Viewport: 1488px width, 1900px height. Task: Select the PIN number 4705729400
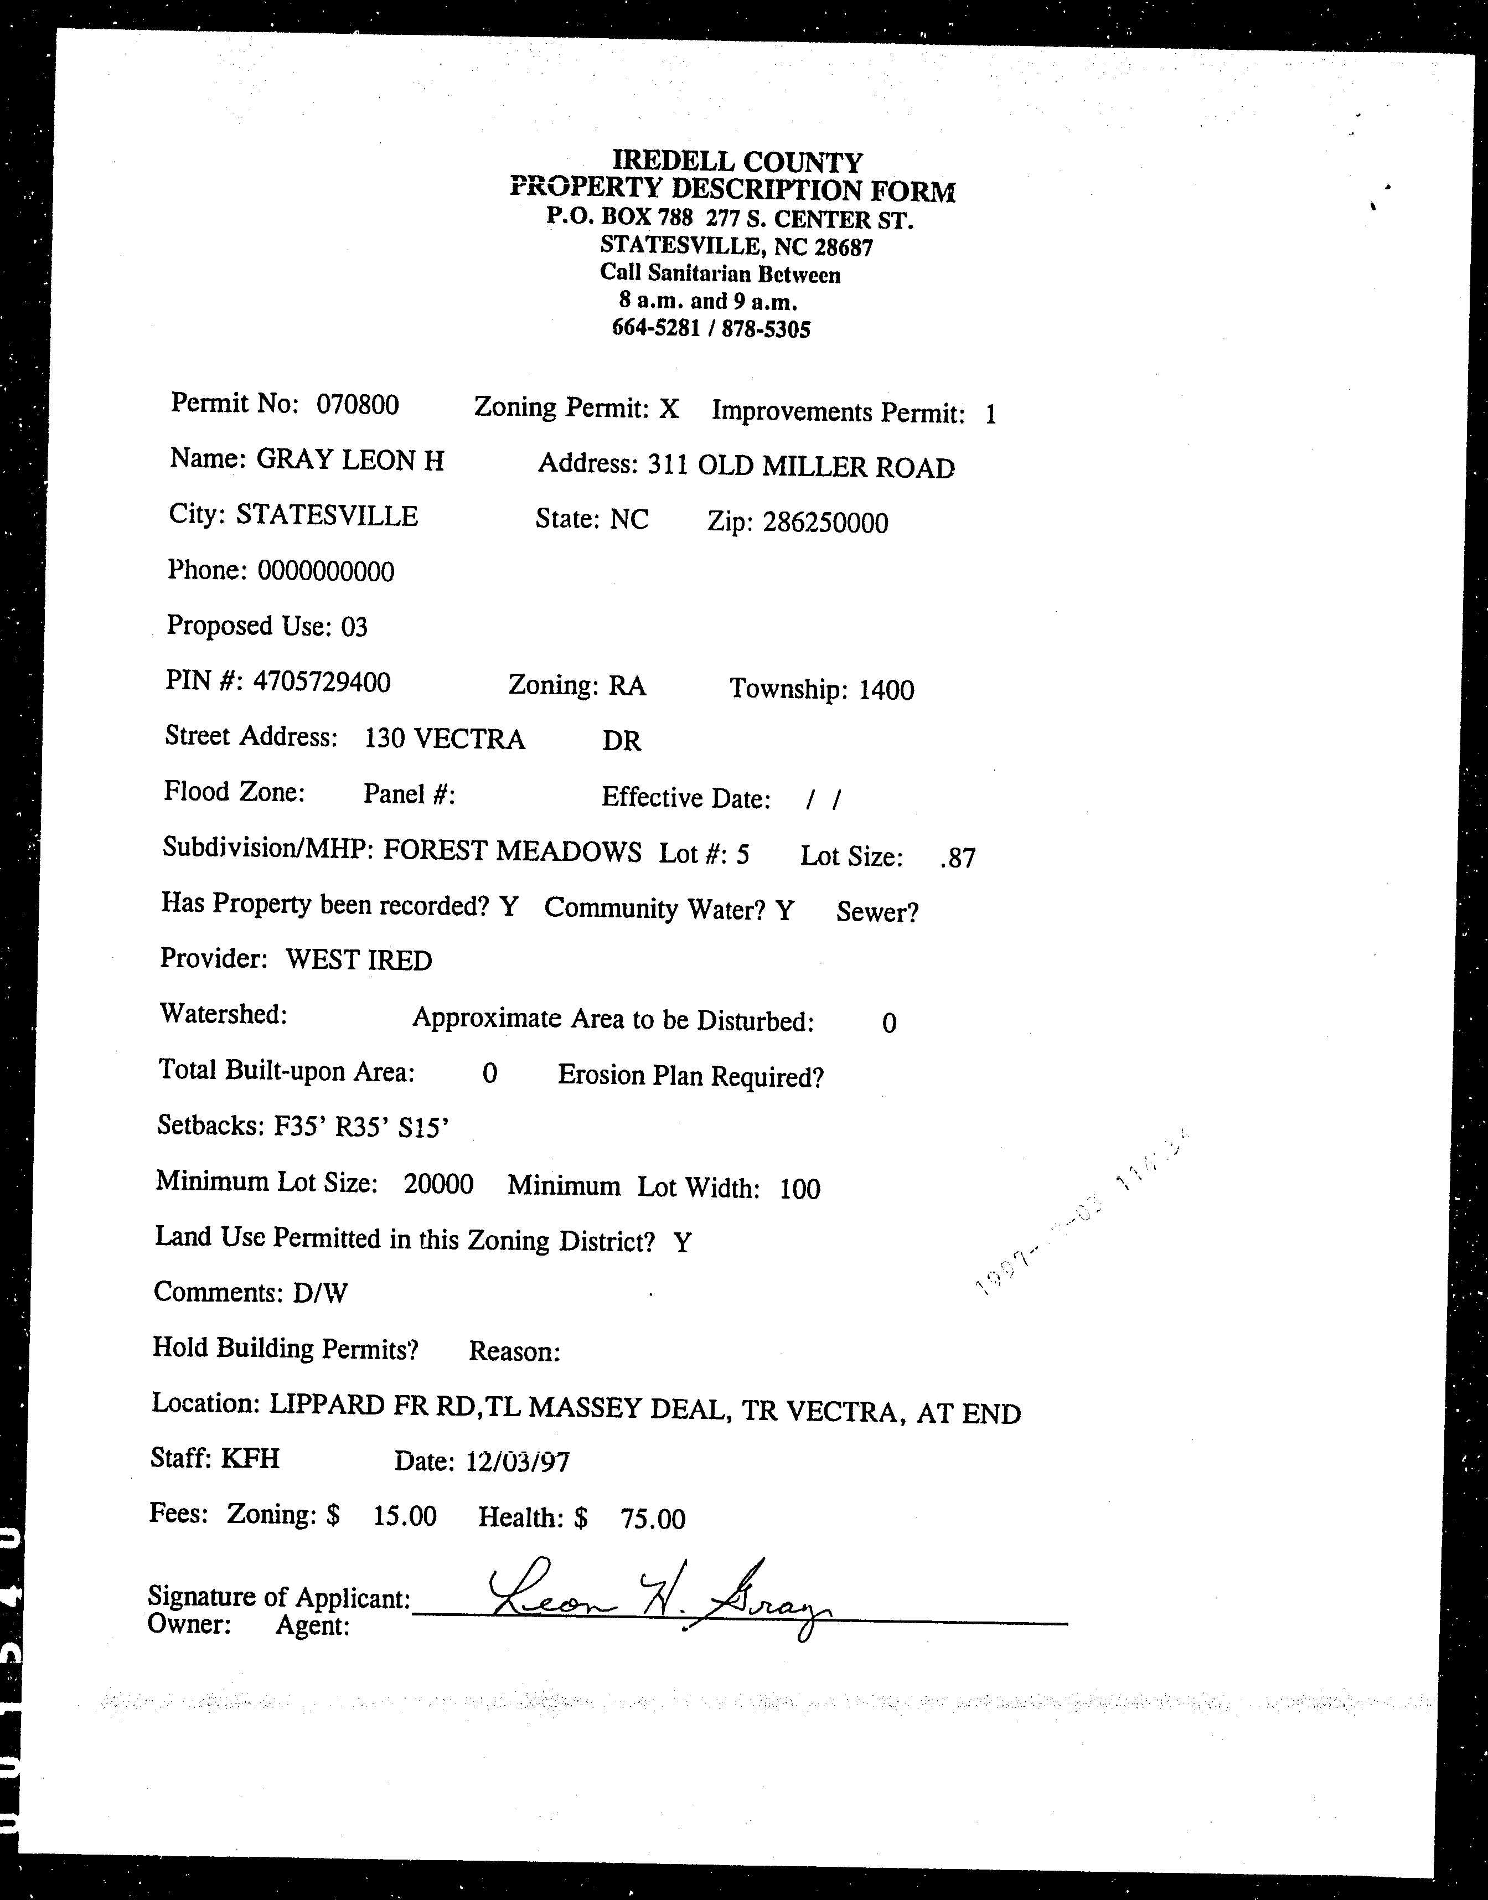[322, 681]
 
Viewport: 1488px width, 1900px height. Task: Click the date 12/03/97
[518, 1461]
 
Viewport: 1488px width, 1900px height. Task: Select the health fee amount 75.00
[653, 1519]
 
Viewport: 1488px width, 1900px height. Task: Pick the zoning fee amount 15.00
[405, 1516]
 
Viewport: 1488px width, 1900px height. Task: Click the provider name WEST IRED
[359, 960]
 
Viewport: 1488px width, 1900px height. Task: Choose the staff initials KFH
[250, 1458]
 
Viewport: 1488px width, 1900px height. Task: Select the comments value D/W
[321, 1293]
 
